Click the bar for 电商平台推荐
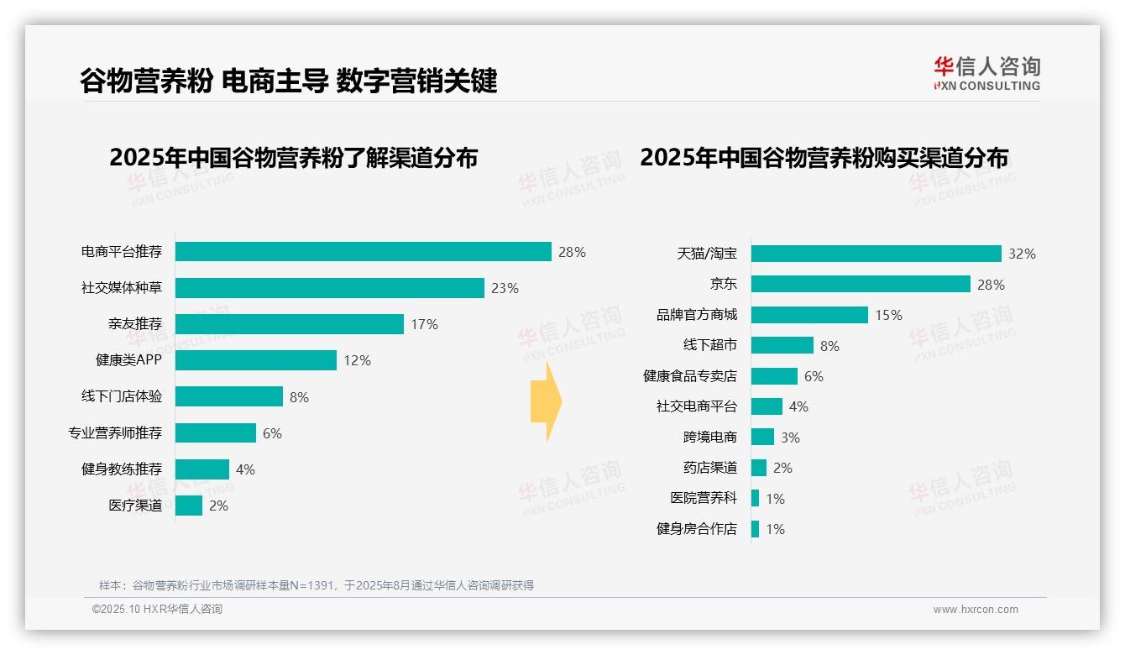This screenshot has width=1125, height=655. tap(363, 252)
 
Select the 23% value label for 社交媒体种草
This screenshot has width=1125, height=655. tap(505, 288)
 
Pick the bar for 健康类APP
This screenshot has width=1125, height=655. tap(255, 360)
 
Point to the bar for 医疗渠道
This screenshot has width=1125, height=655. tap(189, 506)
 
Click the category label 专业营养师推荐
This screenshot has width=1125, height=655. tap(115, 433)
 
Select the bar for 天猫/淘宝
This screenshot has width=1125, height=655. tap(876, 254)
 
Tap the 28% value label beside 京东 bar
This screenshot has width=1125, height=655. tap(991, 285)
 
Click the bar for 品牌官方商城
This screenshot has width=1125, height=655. tap(809, 315)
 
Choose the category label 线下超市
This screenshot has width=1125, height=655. tap(709, 345)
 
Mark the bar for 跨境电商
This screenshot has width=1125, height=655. tap(762, 438)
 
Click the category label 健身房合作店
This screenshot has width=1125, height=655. tap(696, 529)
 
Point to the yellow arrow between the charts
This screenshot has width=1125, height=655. tap(546, 401)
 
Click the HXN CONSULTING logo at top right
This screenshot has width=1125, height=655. tap(986, 74)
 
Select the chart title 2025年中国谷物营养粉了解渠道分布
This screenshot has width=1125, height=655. tap(293, 157)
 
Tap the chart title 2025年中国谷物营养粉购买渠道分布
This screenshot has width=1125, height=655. tap(824, 157)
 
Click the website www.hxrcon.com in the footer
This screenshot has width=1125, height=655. tap(975, 610)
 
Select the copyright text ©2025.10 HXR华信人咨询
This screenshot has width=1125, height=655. tap(157, 610)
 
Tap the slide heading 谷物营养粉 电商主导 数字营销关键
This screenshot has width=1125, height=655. tap(288, 81)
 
